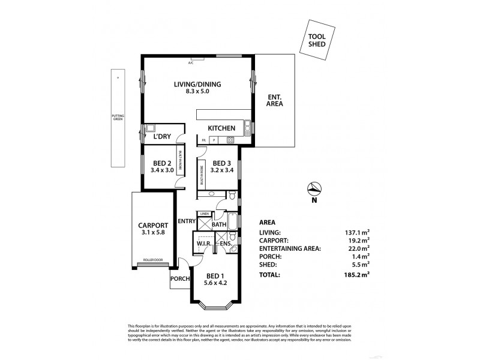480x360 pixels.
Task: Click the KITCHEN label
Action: [x=221, y=128]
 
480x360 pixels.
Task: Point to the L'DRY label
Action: [x=162, y=137]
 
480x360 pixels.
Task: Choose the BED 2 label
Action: [x=163, y=163]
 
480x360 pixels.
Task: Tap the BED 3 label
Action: [x=222, y=163]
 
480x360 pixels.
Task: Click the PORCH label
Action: [x=180, y=278]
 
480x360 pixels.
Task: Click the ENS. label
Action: [x=226, y=243]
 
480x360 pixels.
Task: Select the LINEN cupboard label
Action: [x=204, y=214]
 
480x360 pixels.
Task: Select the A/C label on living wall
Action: [x=191, y=62]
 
